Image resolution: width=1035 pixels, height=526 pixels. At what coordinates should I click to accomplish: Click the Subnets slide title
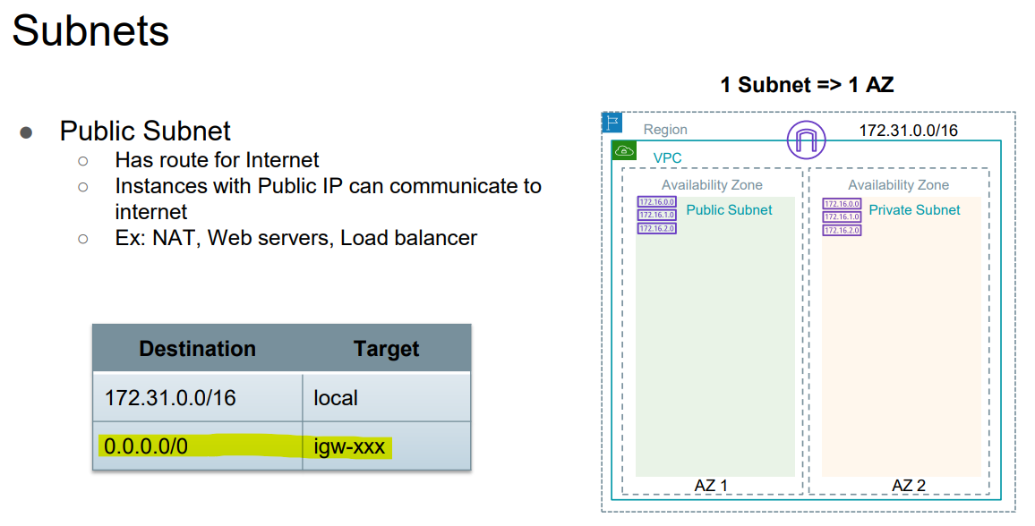(x=90, y=31)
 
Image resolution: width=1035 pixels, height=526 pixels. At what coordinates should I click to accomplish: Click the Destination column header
(x=197, y=348)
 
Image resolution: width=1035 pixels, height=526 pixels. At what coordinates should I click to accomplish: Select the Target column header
(x=386, y=348)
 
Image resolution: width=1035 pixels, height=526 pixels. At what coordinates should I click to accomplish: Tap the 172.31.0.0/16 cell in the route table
(x=170, y=397)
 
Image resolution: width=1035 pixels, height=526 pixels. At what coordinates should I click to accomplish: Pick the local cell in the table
(x=336, y=397)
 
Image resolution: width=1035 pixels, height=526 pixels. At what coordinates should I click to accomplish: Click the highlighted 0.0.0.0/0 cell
(x=146, y=445)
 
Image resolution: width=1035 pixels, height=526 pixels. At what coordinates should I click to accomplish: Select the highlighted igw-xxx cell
(x=349, y=445)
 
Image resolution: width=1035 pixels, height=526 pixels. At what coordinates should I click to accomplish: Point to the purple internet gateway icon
(x=804, y=140)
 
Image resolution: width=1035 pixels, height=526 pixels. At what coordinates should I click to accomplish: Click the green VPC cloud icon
(x=624, y=150)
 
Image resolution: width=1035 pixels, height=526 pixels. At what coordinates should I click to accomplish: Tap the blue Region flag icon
(x=612, y=123)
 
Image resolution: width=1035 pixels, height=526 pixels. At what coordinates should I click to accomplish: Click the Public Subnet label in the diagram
(x=729, y=210)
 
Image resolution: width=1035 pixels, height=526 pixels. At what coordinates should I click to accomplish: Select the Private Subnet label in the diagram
(x=914, y=210)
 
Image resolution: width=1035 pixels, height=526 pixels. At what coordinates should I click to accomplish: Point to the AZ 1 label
(x=711, y=486)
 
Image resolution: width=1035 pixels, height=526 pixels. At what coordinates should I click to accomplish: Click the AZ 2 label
(x=909, y=486)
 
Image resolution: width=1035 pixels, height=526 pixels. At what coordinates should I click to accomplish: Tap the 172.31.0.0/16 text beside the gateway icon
(x=908, y=131)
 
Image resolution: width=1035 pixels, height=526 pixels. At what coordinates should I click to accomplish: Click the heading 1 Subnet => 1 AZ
(x=807, y=85)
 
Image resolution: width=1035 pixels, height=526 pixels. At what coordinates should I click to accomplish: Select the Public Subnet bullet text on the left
(x=145, y=131)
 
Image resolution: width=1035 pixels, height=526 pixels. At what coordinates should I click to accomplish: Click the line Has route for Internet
(x=217, y=160)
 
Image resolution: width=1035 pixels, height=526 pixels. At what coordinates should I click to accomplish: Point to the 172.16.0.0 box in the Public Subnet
(x=656, y=203)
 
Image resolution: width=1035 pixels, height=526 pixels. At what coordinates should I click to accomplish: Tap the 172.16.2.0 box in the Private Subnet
(x=842, y=230)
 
